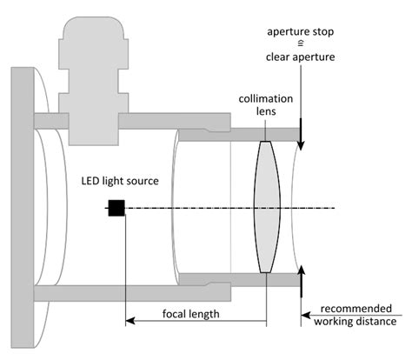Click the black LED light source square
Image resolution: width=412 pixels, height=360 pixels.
pos(115,207)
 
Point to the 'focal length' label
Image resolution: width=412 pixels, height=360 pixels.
pos(191,313)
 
